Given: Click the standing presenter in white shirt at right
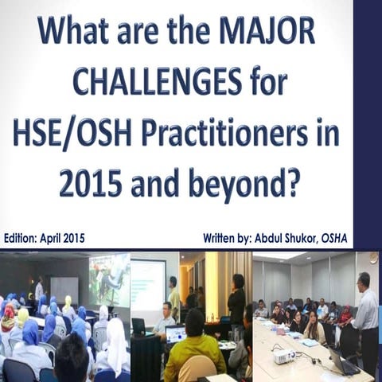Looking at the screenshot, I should click(x=365, y=318).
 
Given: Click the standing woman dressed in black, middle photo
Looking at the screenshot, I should click(x=236, y=302).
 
